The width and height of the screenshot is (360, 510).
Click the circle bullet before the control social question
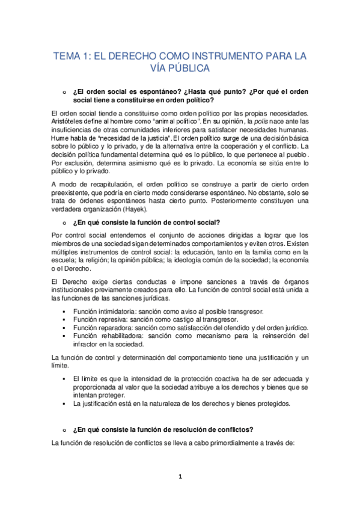point(62,222)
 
